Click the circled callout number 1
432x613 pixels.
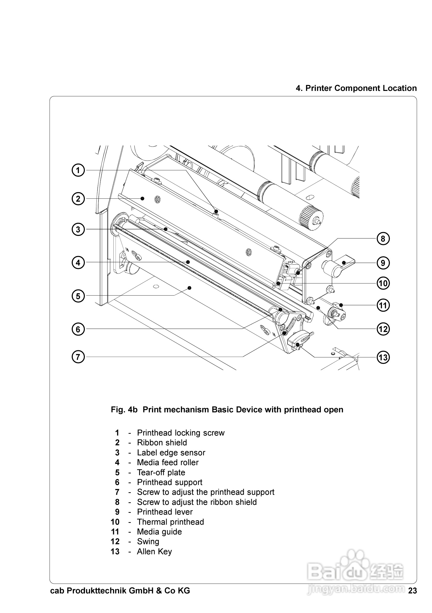(x=78, y=170)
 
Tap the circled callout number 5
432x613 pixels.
(x=78, y=296)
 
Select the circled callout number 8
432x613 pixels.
(x=383, y=239)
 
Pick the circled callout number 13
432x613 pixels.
(x=383, y=357)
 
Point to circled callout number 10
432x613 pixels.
(x=383, y=283)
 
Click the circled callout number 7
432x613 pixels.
(x=78, y=357)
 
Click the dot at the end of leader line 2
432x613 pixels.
(x=142, y=198)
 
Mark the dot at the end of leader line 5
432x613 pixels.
(x=190, y=288)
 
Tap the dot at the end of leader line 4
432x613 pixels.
(x=188, y=262)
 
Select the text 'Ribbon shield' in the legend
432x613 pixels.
(x=162, y=442)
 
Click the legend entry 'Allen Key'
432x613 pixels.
(x=154, y=551)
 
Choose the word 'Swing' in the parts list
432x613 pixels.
(x=148, y=541)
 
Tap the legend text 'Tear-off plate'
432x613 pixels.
(x=161, y=472)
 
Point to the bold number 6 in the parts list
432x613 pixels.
(x=117, y=482)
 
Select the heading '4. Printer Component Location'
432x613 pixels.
(x=356, y=88)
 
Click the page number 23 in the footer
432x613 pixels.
(x=412, y=591)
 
